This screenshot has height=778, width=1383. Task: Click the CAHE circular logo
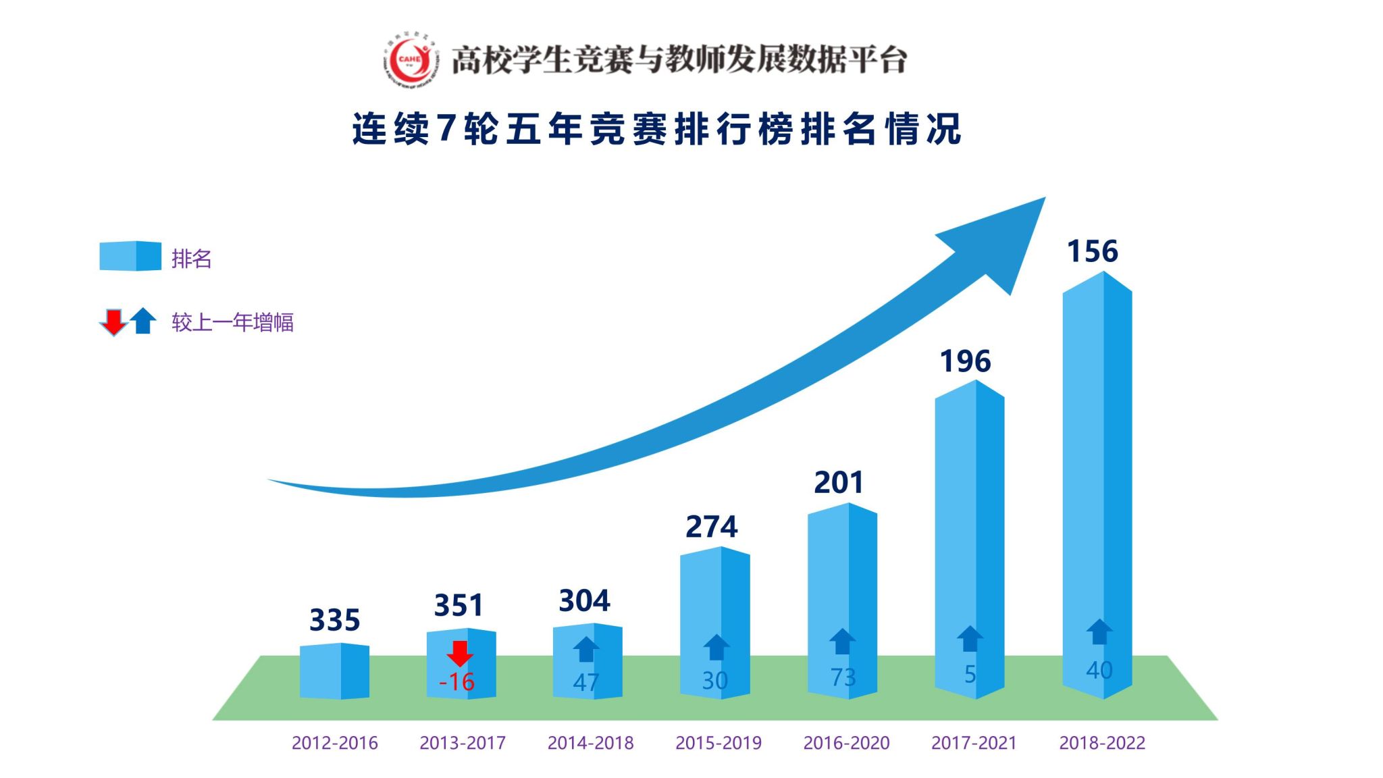point(409,59)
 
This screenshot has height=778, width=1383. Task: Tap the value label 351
point(459,605)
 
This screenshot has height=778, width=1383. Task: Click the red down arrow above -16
point(460,653)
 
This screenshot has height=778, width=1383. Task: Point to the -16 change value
point(456,681)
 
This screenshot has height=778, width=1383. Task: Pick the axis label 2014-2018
point(590,743)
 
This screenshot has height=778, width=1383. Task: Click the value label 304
point(585,600)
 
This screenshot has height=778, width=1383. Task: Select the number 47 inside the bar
point(585,683)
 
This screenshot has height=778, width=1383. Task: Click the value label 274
point(712,527)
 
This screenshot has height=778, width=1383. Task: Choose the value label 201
point(839,482)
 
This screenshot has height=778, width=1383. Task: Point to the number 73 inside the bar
point(843,677)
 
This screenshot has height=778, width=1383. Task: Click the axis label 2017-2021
point(974,743)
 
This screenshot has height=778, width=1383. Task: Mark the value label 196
point(966,361)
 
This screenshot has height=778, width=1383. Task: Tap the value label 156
point(1093,251)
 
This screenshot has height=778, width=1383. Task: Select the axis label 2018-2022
point(1102,743)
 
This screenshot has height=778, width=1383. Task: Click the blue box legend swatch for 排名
point(130,256)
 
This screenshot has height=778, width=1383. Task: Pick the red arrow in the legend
point(113,322)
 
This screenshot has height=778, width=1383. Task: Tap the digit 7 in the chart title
point(446,128)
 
